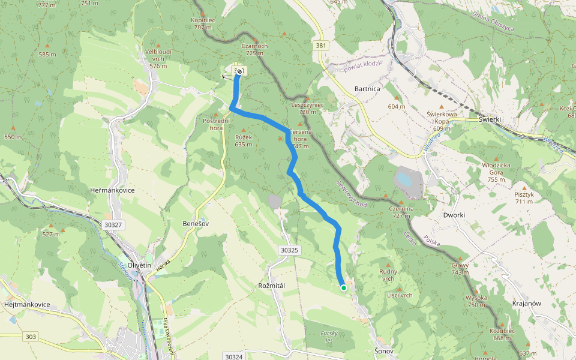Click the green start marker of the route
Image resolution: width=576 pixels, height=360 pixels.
[x=344, y=288]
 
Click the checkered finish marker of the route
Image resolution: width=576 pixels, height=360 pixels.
[x=239, y=71]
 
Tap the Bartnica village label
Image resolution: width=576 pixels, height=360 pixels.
[x=368, y=89]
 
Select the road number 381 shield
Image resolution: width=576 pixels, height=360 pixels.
[x=322, y=46]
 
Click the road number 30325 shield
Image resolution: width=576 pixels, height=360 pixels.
[x=289, y=250]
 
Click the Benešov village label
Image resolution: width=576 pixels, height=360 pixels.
[x=195, y=223]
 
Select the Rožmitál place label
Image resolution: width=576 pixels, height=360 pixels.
[x=274, y=286]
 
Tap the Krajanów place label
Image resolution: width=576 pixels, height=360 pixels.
[x=527, y=304]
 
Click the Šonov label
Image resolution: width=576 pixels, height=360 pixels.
[x=383, y=350]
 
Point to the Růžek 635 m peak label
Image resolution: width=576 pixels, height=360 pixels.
[x=243, y=140]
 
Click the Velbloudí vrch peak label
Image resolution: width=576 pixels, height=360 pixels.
[x=158, y=56]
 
